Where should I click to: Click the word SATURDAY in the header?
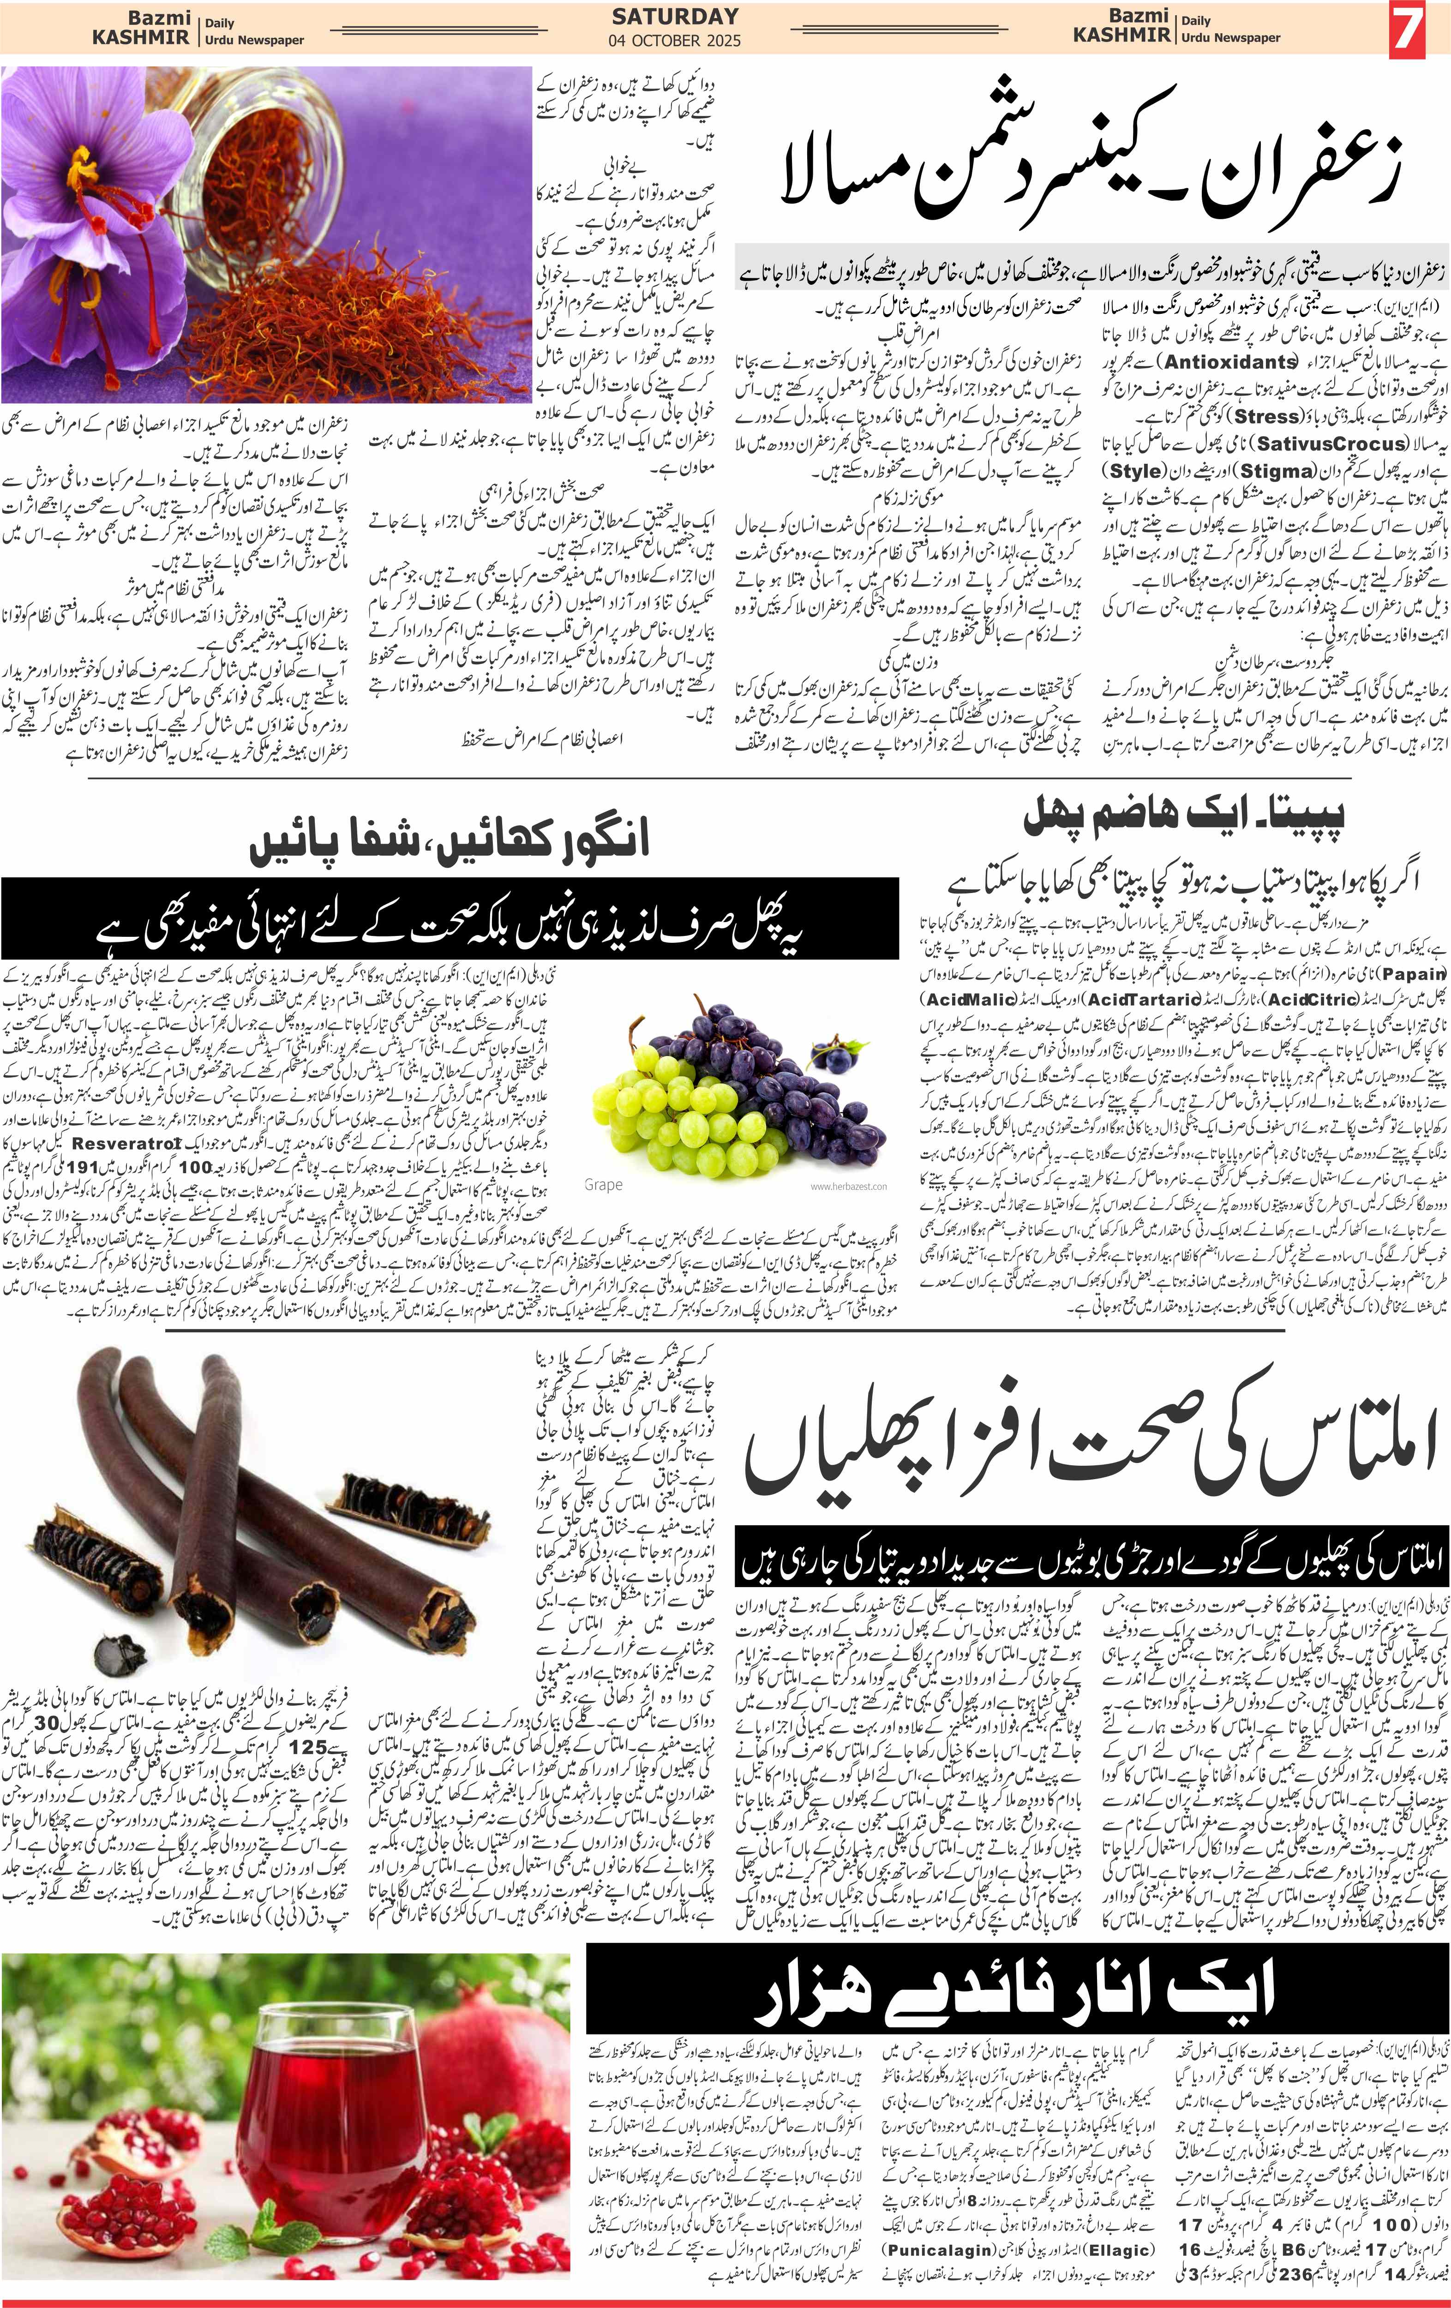[675, 16]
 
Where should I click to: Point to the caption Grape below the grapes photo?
[603, 1185]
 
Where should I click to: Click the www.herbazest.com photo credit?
[848, 1187]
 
